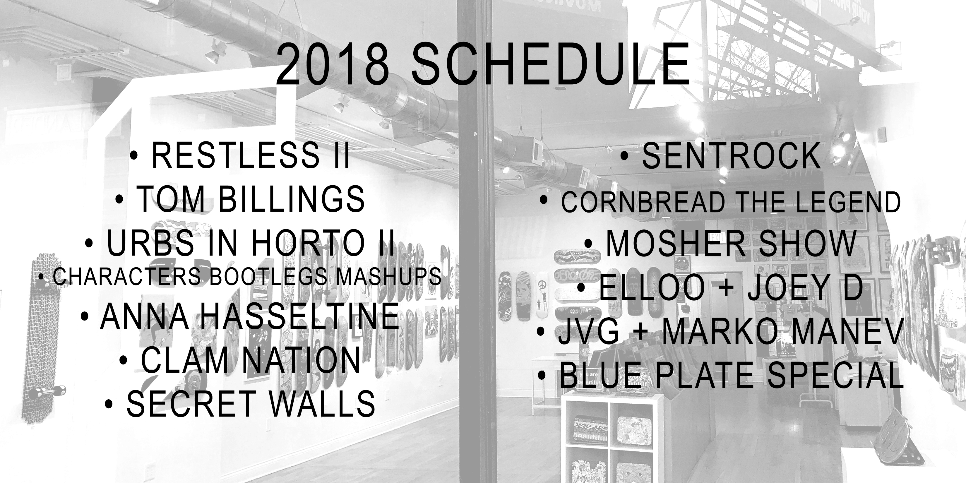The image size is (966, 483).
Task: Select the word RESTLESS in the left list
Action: coord(236,155)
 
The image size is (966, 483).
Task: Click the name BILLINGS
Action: coord(291,198)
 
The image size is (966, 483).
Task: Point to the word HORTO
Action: coord(307,243)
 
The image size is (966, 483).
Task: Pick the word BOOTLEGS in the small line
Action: coord(268,276)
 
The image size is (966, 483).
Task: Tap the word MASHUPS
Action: coord(388,276)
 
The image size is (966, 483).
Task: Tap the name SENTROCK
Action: coord(732,155)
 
